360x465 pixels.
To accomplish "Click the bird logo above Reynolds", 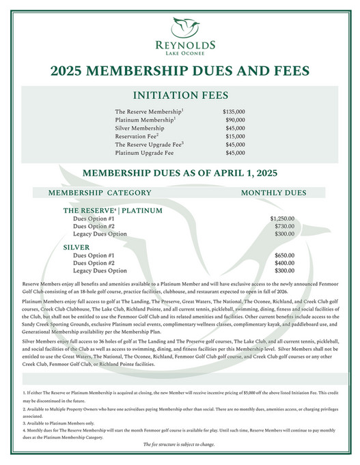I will click(180, 27).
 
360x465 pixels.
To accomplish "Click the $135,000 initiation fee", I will click(234, 111).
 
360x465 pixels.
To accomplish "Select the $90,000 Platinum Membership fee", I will click(236, 119).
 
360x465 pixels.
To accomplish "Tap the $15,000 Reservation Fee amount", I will click(236, 137).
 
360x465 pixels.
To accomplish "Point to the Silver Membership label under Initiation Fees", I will click(139, 128).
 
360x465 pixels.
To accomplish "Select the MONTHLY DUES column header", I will click(274, 193).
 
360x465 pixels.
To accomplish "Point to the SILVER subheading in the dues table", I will click(77, 246).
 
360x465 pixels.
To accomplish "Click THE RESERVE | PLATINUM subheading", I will click(113, 210).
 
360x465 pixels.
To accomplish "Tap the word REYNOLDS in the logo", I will click(180, 44).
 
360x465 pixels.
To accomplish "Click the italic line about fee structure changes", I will click(180, 445).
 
